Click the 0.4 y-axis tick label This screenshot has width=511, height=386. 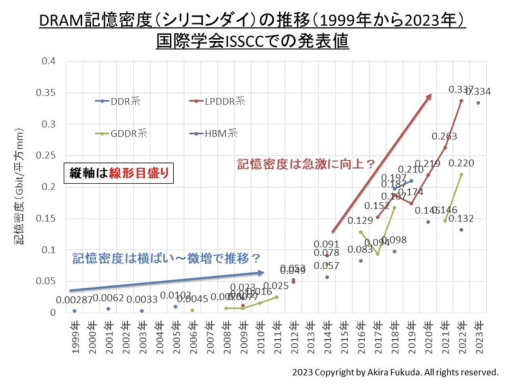[x=49, y=61]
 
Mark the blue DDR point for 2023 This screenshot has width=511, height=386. [x=478, y=103]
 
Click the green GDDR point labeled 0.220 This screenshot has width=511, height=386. [x=461, y=175]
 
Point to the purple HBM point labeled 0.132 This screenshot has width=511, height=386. [x=461, y=230]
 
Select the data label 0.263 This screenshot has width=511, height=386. [x=444, y=137]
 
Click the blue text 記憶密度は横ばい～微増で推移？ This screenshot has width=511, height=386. [x=167, y=258]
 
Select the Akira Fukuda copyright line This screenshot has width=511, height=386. [x=395, y=372]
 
